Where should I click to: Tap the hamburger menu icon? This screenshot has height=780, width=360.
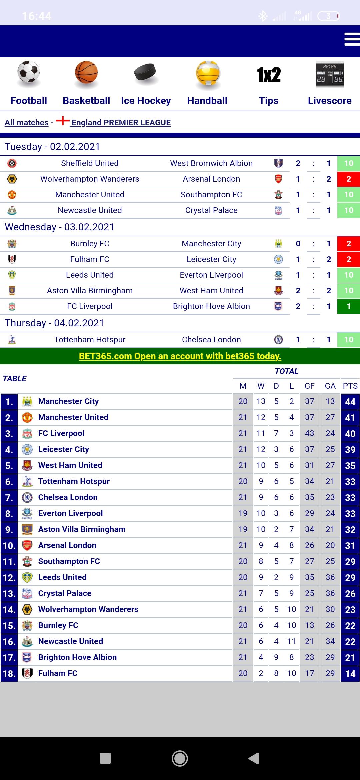pos(352,39)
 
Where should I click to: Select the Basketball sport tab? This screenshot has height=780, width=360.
pos(86,101)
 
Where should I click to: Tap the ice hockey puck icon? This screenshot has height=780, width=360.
pos(145,73)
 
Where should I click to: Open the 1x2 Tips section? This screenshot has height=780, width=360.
pos(268,83)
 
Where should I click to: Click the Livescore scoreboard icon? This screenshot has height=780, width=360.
pos(330,74)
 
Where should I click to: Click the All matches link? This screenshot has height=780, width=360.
pos(27,123)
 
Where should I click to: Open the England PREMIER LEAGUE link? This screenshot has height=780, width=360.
pos(121,123)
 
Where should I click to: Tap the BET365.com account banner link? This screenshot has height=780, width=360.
pos(180,356)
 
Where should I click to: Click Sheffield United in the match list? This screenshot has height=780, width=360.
pos(90,163)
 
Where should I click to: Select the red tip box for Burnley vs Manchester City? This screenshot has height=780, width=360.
pos(348,244)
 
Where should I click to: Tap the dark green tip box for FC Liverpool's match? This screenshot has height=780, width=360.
pos(348,306)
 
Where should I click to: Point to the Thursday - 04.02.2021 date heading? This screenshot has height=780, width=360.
pos(54,323)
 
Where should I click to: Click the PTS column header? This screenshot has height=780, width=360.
pos(350,386)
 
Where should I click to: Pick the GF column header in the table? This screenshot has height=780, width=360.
pos(309,386)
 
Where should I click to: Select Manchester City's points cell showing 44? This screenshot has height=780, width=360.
pos(350,402)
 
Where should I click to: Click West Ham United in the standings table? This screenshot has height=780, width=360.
pos(70,465)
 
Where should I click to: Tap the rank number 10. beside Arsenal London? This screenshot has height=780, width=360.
pos(9,546)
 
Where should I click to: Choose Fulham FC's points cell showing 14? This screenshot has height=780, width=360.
pos(350,674)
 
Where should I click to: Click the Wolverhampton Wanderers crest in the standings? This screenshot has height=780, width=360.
pos(27,610)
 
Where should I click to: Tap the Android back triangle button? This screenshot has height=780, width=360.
pos(254,758)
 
